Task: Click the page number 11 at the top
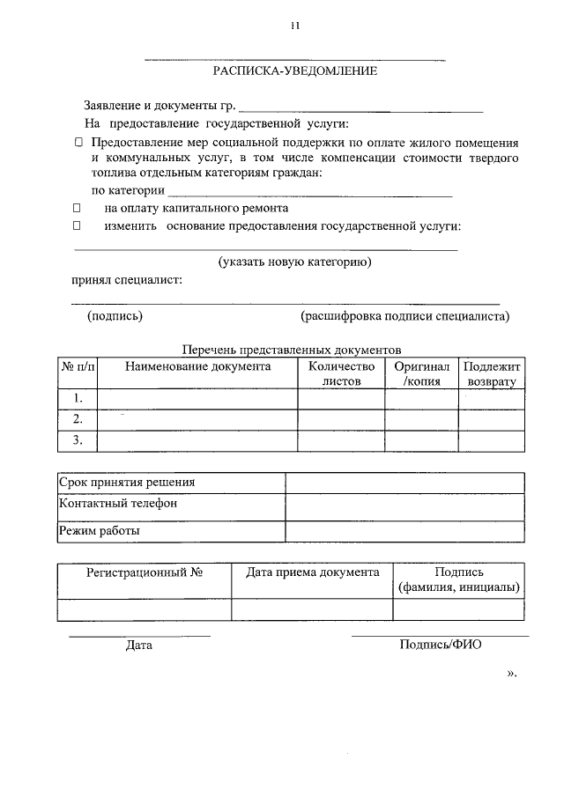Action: pyautogui.click(x=294, y=26)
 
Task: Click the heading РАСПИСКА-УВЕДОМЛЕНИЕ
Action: pyautogui.click(x=295, y=70)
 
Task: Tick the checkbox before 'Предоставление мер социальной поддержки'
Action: pyautogui.click(x=78, y=142)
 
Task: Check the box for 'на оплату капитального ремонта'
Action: pyautogui.click(x=78, y=209)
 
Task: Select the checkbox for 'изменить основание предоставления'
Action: pyautogui.click(x=78, y=226)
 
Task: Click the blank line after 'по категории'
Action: pyautogui.click(x=308, y=191)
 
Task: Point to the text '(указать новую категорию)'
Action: pyautogui.click(x=294, y=262)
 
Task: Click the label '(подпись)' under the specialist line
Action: pyautogui.click(x=115, y=315)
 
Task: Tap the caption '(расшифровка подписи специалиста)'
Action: pyautogui.click(x=404, y=315)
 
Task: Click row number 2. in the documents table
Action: pyautogui.click(x=78, y=419)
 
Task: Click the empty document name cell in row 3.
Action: pyautogui.click(x=197, y=440)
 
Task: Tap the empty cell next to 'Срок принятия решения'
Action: pyautogui.click(x=404, y=483)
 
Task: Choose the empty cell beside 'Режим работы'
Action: pyautogui.click(x=404, y=531)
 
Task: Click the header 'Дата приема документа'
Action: pyautogui.click(x=312, y=572)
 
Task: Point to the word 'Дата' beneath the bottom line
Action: pyautogui.click(x=139, y=646)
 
